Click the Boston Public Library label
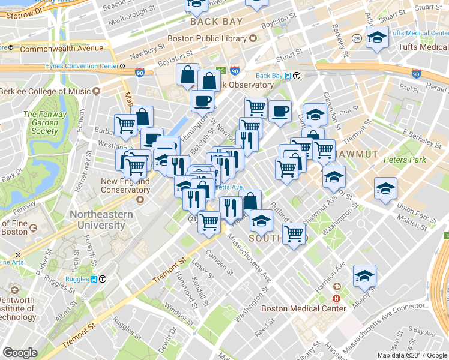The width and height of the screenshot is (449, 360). tap(206, 38)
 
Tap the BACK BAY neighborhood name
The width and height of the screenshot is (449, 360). tap(216, 22)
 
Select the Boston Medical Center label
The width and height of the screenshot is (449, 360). tap(304, 308)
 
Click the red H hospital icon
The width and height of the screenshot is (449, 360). tap(337, 298)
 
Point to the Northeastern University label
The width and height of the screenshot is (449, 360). tap(97, 220)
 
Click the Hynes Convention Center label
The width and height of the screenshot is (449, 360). tap(82, 66)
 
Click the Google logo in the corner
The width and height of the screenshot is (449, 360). tap(20, 353)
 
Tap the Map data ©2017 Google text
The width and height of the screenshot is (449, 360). tap(411, 355)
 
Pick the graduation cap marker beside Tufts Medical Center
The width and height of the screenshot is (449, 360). tap(376, 38)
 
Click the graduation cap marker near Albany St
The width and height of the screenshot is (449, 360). tap(364, 276)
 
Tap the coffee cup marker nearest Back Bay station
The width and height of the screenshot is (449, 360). tap(280, 111)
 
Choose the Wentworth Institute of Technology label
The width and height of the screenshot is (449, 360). tap(24, 308)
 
